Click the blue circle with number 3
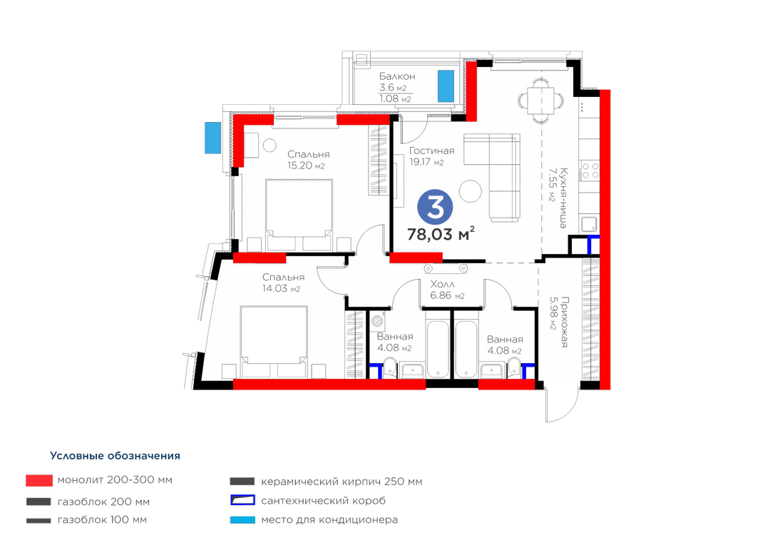coord(435,208)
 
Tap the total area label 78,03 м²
coord(441,234)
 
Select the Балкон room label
coord(397,76)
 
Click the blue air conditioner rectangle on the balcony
coord(446,86)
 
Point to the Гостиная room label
coord(431,151)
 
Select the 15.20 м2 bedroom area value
coord(306,165)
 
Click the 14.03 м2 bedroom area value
coord(281,288)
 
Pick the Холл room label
coord(443,284)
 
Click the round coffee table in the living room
coord(471,191)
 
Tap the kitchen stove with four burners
coord(589,171)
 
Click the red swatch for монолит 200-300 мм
coord(39,480)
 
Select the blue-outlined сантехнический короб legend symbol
coord(242,500)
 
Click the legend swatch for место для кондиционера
coord(242,520)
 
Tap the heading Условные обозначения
coord(115,456)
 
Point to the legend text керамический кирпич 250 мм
coord(342,482)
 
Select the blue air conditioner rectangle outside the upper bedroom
coord(212,138)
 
